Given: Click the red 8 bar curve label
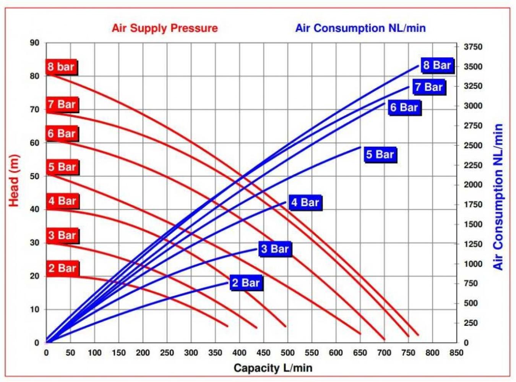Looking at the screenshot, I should click(x=61, y=67).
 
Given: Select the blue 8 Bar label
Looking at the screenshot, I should click(x=437, y=65).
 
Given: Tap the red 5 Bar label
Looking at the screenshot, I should click(x=62, y=167).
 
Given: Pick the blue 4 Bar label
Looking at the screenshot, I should click(x=305, y=202).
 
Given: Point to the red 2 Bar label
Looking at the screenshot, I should click(x=62, y=268).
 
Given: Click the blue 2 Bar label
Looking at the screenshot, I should click(x=246, y=283).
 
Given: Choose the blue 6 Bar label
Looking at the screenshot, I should click(x=404, y=107).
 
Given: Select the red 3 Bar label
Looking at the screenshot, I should click(x=62, y=235).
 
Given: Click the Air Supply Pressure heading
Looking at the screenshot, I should click(x=165, y=28).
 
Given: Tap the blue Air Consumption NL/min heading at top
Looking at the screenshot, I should click(x=360, y=28).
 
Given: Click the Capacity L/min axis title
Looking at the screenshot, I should click(x=273, y=368).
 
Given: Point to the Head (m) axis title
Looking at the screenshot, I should click(x=14, y=180).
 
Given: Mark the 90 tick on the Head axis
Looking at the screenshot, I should click(x=35, y=43).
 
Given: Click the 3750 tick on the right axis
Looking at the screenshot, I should click(x=473, y=47).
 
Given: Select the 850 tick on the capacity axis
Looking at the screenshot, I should click(x=456, y=353).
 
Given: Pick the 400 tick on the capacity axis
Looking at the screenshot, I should click(x=239, y=353).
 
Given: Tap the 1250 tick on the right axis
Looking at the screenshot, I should click(x=473, y=244).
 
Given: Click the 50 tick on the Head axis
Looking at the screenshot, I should click(x=35, y=176).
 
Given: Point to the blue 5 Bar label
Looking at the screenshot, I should click(x=380, y=155).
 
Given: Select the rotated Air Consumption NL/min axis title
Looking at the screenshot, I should click(x=498, y=197).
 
